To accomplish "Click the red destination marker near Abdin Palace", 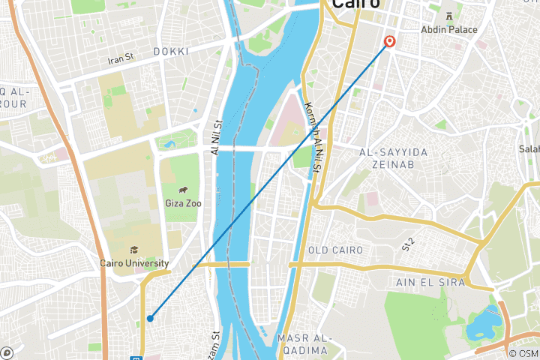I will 390,41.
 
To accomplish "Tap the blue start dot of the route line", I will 150,319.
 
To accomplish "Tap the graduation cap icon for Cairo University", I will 133,250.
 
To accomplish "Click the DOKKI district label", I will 170,51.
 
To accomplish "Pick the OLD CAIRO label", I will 336,250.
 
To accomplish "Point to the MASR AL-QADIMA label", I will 303,343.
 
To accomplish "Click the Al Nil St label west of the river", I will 217,139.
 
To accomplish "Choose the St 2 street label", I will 408,243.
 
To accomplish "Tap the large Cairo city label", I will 352,5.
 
